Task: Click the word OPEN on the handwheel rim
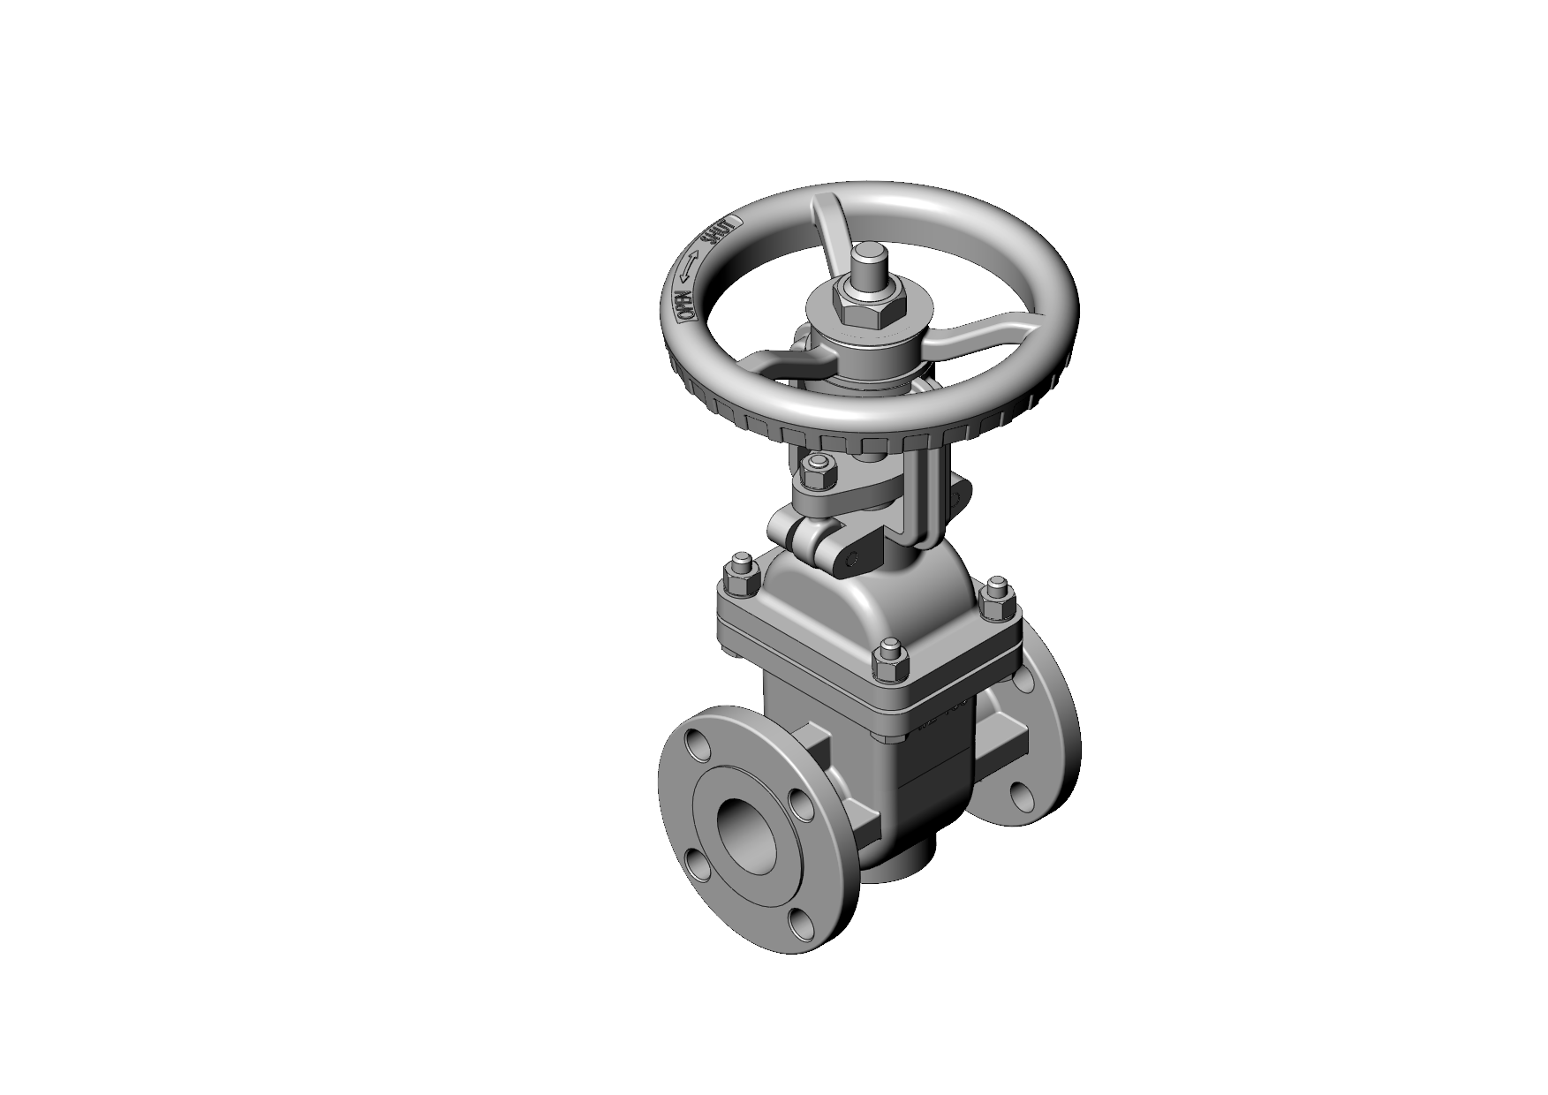(x=684, y=305)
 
